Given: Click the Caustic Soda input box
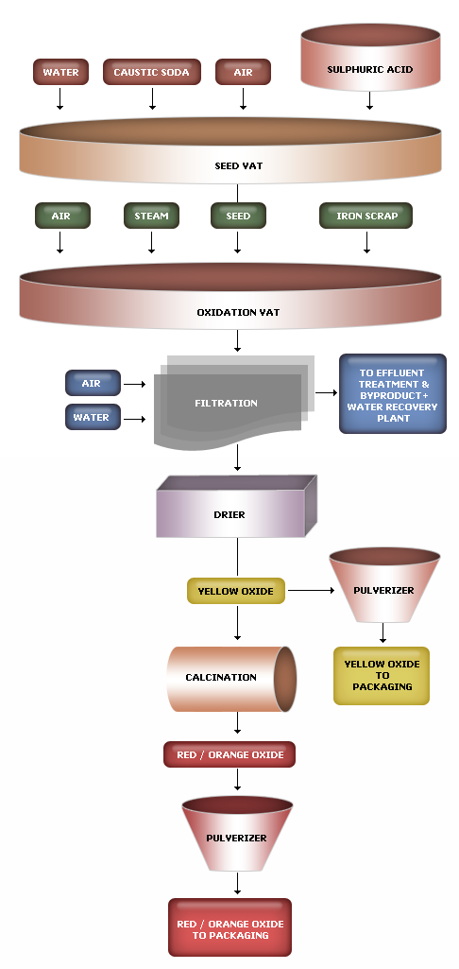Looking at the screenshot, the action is pos(152,72).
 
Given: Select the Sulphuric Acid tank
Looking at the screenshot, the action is pos(370,58).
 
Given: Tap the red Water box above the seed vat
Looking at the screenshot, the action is pos(60,72).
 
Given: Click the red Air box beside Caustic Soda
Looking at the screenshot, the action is pos(243,72).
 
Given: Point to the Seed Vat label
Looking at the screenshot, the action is pos(238,165).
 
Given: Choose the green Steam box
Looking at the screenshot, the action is pos(151,216).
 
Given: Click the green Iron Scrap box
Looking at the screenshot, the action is pos(366,216).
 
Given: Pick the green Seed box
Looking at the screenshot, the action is pos(238,216).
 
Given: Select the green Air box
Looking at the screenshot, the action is pos(62,216).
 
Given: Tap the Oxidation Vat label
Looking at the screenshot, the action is pos(238,312).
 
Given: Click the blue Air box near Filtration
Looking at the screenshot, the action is pos(93,383).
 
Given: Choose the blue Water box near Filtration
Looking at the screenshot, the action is pos(93,417).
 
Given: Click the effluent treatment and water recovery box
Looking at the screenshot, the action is pos(392,393).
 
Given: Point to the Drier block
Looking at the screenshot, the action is pos(236,506).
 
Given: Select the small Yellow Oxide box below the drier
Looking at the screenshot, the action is pos(236,591).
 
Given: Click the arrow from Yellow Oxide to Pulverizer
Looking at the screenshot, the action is pos(312,591).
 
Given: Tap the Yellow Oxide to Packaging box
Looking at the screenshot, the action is pos(382,675).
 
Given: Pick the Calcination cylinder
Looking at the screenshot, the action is pos(231,679).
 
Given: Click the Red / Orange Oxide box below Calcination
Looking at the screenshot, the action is pos(229,754).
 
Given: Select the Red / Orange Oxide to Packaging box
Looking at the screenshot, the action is pos(229,927).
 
